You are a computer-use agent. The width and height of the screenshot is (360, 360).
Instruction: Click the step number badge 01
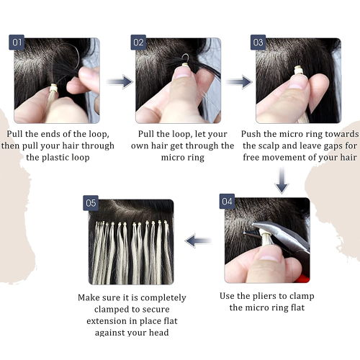pos(18,42)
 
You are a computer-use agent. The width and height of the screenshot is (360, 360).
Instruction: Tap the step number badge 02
pos(139,42)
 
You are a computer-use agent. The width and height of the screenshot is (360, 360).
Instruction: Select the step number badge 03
pos(258,42)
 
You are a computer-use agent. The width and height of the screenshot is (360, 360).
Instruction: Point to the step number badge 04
pos(228,203)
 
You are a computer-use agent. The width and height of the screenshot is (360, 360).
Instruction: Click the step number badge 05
pos(91,204)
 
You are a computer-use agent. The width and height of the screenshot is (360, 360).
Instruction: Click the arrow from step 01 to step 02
pos(120,81)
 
